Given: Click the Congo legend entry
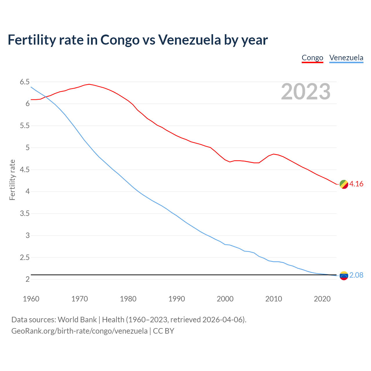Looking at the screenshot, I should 312,58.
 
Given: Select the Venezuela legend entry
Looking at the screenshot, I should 346,58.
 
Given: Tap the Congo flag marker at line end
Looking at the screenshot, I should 344,184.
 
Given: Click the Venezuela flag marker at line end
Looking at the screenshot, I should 344,276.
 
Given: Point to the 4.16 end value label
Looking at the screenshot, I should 356,184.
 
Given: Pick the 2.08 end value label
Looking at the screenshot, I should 356,275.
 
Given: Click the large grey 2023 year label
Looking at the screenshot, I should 306,92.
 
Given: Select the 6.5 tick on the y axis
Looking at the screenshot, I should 25,82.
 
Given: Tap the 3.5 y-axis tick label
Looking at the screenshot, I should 25,214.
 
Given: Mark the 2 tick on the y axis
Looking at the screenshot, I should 28,279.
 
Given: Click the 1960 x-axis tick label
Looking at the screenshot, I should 31,299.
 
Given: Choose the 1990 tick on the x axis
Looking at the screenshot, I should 177,299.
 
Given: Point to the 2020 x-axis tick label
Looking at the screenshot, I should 322,299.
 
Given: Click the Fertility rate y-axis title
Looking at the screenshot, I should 12,180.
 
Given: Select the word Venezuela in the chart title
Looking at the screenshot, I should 190,40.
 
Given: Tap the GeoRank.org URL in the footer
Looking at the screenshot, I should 79,331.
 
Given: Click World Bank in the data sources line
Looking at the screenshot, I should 77,320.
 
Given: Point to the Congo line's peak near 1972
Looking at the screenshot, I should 89,84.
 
